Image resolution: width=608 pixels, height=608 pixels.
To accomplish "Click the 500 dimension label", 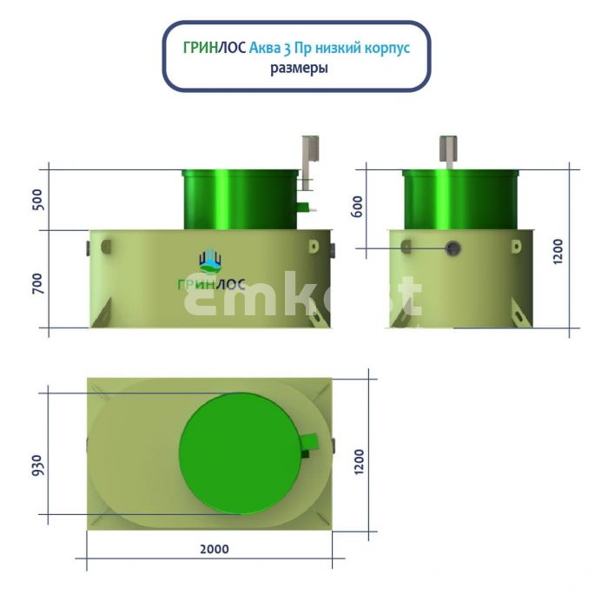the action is pyautogui.click(x=38, y=199).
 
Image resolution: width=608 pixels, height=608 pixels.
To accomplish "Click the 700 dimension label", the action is pyautogui.click(x=38, y=283).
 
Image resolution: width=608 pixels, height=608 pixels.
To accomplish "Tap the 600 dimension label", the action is pyautogui.click(x=358, y=207).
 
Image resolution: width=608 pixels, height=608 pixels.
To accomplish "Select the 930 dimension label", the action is pyautogui.click(x=37, y=465).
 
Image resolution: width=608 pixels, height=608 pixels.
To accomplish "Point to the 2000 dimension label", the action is pyautogui.click(x=215, y=549).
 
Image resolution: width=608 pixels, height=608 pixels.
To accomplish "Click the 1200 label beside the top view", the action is pyautogui.click(x=359, y=461).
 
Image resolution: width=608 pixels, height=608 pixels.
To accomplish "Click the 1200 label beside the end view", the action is pyautogui.click(x=558, y=252).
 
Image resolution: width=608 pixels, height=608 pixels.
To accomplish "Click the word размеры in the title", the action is pyautogui.click(x=299, y=69).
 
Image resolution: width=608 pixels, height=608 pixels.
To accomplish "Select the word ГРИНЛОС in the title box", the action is pyautogui.click(x=215, y=48).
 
